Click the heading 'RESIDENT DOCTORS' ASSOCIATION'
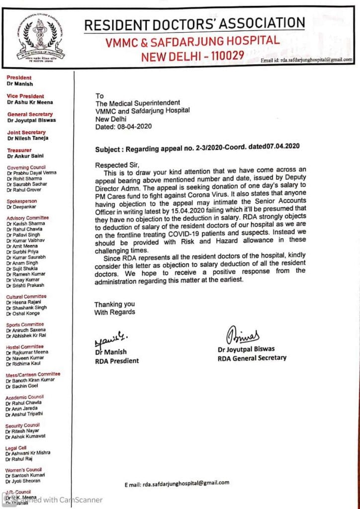click(x=194, y=23)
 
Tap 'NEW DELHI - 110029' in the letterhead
click(x=192, y=56)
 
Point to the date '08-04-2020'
click(x=134, y=126)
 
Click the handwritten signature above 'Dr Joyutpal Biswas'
click(x=244, y=335)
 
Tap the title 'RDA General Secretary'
click(x=252, y=357)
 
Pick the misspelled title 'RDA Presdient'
click(x=117, y=360)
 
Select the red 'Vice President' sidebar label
click(x=25, y=96)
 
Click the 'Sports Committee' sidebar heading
click(x=25, y=324)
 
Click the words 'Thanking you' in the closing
click(x=114, y=304)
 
